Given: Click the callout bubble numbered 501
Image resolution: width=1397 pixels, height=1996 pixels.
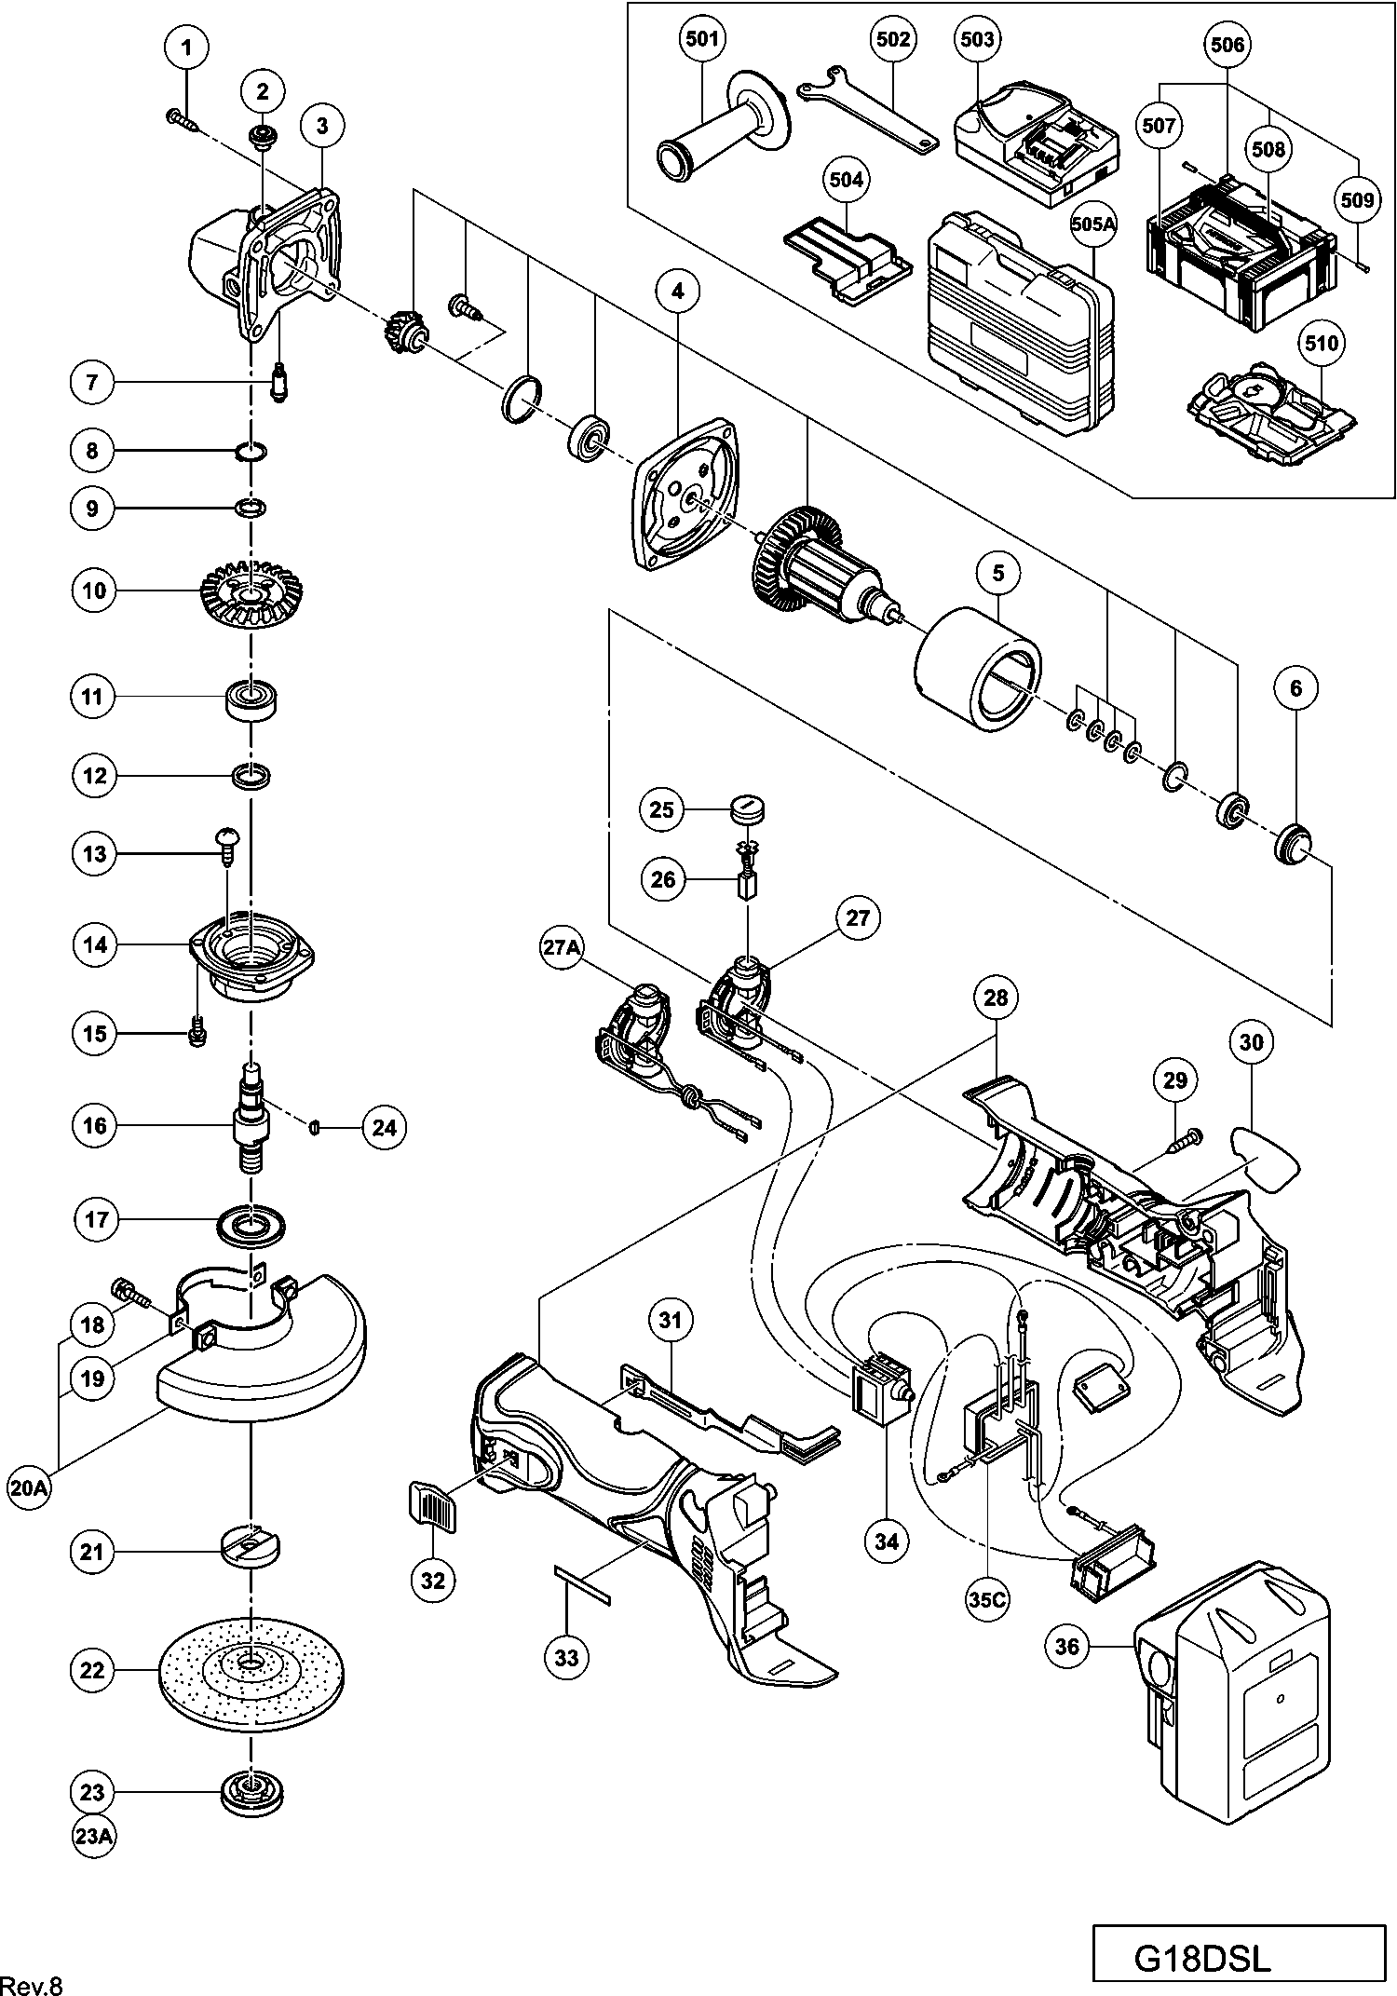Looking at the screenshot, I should tap(701, 39).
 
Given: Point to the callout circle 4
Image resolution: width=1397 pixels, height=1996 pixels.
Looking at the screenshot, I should tap(677, 292).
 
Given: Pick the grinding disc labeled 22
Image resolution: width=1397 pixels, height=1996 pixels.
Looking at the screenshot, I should tap(251, 1671).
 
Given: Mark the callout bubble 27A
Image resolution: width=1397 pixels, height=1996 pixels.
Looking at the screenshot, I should tap(563, 948).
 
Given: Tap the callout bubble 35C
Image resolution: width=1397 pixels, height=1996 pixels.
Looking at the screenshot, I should tap(986, 1599).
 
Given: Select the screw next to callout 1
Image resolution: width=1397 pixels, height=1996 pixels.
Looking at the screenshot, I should tap(181, 119).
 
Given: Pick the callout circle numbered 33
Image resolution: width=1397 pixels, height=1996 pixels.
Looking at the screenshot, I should tap(566, 1657).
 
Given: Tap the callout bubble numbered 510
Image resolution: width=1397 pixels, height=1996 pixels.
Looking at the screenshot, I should tap(1322, 344).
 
